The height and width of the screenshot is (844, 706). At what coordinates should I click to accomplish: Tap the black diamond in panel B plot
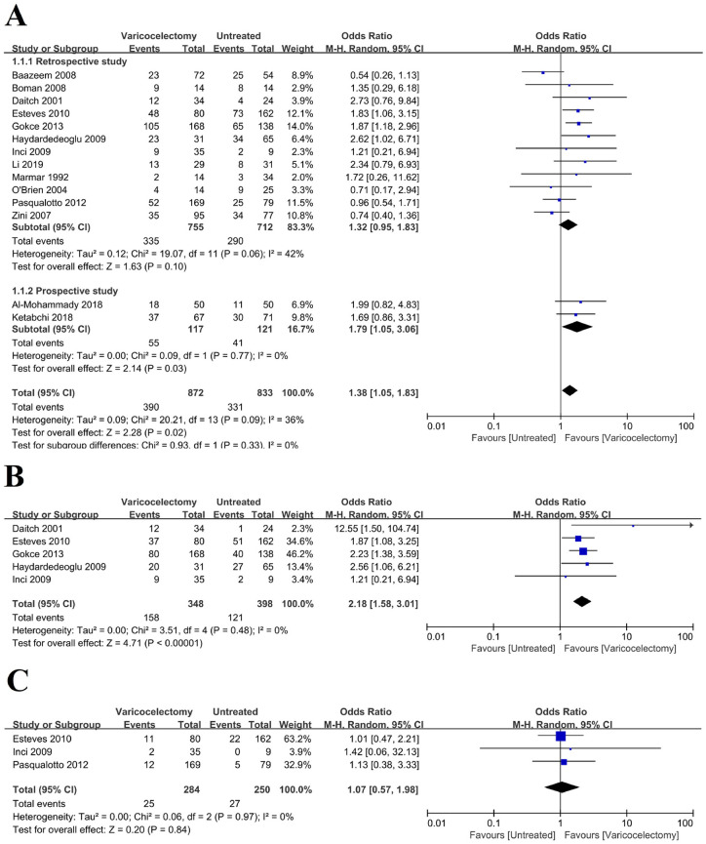582,601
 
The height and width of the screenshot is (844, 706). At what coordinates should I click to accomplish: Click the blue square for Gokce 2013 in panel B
583,550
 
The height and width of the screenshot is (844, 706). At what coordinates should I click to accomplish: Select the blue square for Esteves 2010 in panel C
561,736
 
